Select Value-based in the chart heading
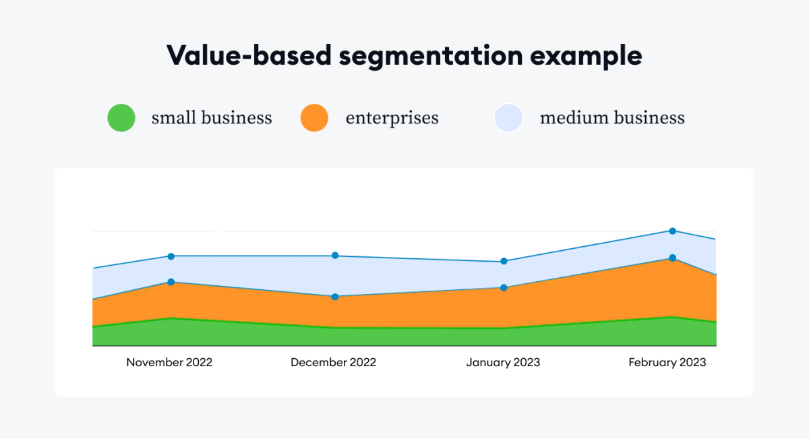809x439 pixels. pyautogui.click(x=249, y=55)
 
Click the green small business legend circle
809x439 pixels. pyautogui.click(x=121, y=118)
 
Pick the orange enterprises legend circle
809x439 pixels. pyautogui.click(x=314, y=118)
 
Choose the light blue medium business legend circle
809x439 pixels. pyautogui.click(x=508, y=118)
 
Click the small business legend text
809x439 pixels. pyautogui.click(x=212, y=118)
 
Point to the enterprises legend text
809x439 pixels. pyautogui.click(x=392, y=118)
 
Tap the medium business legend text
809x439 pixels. pyautogui.click(x=611, y=118)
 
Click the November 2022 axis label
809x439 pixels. pyautogui.click(x=169, y=362)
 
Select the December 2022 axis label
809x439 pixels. pyautogui.click(x=333, y=362)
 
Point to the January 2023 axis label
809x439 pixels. pyautogui.click(x=503, y=362)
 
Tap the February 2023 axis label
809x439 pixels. pyautogui.click(x=667, y=362)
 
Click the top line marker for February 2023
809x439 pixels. pyautogui.click(x=672, y=231)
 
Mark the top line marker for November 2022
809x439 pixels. pyautogui.click(x=171, y=256)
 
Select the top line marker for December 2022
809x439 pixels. pyautogui.click(x=335, y=256)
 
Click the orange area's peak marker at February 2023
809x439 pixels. pyautogui.click(x=672, y=258)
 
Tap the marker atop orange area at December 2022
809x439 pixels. pyautogui.click(x=335, y=297)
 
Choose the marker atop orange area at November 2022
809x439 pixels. pyautogui.click(x=171, y=282)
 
